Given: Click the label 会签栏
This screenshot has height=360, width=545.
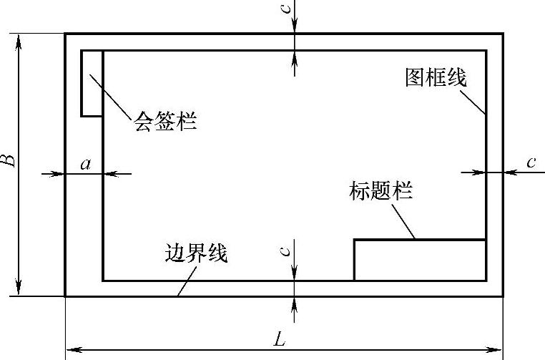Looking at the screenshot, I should pos(165,121).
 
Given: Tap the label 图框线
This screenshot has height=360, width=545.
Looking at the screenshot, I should pos(436,77).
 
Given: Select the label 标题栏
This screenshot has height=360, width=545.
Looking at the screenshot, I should pos(381,191).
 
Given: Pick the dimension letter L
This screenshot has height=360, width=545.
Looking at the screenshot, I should pos(280,340).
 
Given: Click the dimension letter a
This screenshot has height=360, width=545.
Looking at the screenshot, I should pos(86,165).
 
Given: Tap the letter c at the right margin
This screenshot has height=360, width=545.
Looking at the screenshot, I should pos(531,162).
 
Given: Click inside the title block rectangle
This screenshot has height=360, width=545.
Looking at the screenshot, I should pos(420,261).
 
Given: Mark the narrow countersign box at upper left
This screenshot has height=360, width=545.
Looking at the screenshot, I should pos(92,82).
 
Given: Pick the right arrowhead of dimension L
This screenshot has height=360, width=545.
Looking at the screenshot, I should pos(497,350).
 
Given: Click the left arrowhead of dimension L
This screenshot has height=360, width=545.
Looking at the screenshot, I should pos(72,350).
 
